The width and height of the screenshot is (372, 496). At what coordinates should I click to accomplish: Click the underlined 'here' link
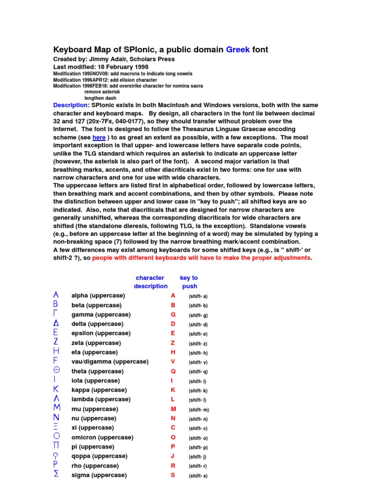99,138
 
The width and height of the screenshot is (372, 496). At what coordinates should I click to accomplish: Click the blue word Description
70,105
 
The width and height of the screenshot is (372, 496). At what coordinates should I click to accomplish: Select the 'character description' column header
150,282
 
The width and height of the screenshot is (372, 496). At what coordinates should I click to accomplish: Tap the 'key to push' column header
189,282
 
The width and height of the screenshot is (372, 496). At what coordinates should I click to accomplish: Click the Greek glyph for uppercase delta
56,324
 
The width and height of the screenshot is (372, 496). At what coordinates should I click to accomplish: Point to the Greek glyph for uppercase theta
56,371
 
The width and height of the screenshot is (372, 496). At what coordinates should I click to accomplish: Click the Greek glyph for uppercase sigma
56,475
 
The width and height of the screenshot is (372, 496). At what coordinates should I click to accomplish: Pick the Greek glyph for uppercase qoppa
56,456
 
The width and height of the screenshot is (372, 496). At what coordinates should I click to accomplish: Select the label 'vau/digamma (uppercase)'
110,361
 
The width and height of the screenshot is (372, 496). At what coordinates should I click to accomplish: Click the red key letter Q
173,371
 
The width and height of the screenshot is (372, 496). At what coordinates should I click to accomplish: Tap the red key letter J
173,456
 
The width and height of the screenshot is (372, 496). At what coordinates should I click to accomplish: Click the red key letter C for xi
173,428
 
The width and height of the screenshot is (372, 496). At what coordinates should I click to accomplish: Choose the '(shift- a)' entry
198,296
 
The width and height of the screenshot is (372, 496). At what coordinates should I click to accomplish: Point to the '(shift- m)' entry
199,409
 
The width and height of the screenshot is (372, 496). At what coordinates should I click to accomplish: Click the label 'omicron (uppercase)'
102,437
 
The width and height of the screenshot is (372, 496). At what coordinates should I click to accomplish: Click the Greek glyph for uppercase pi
56,446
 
